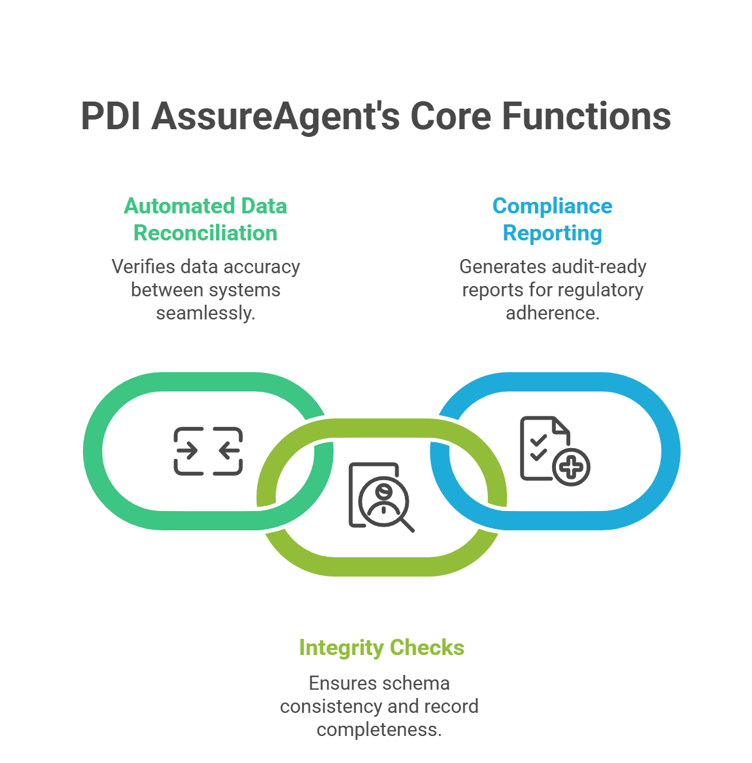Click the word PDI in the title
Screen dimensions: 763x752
(x=111, y=116)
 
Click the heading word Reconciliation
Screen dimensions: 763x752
(x=206, y=233)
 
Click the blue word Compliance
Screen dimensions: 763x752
(x=552, y=206)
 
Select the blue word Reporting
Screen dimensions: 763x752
(x=552, y=233)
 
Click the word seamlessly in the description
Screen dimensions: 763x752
(x=204, y=313)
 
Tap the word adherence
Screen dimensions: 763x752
(x=551, y=313)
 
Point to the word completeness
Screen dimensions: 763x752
(x=378, y=730)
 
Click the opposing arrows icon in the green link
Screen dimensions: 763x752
(x=208, y=451)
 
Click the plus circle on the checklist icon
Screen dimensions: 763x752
(x=571, y=467)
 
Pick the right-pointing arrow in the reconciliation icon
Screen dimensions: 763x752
(x=188, y=451)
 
